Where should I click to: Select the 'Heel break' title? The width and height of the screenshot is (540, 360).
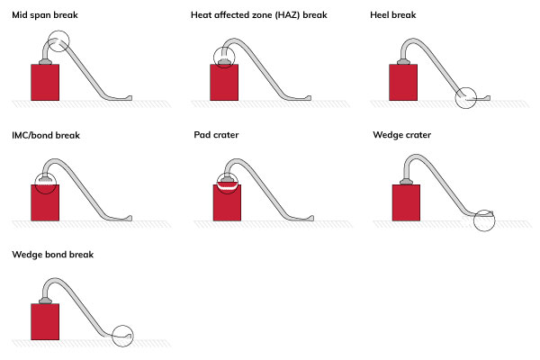pos(393,15)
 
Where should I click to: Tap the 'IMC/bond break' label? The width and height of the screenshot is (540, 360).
pos(46,135)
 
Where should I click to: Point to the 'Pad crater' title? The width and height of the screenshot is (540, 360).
pos(216,135)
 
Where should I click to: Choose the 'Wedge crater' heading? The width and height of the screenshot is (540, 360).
pos(401,135)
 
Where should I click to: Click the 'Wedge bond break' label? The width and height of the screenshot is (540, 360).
pos(53,255)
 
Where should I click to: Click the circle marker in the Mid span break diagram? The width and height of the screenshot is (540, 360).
pos(59,42)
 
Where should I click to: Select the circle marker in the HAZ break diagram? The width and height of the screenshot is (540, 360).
pos(222,57)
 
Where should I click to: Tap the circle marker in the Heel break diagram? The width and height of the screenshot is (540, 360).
pos(466,98)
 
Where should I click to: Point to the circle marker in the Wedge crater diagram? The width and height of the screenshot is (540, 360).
pos(484,220)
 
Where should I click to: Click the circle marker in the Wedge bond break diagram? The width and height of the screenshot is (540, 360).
pos(121,335)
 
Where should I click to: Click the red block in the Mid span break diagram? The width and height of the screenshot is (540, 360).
pos(45,82)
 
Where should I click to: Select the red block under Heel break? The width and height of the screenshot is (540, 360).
pos(402,82)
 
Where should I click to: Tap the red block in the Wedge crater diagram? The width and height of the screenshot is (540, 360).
pos(407,202)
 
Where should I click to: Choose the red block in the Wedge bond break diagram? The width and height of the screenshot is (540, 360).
pos(45,321)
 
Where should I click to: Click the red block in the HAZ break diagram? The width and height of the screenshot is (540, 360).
pos(223,83)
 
